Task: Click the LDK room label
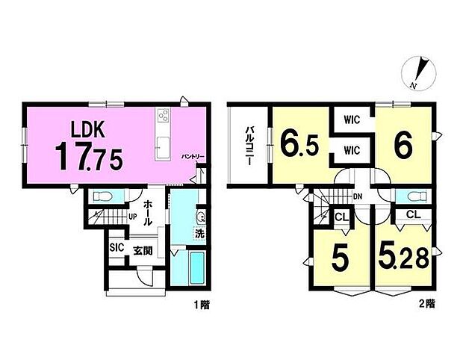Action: click(87, 129)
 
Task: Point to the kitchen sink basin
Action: click(163, 148)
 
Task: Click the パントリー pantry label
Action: click(193, 156)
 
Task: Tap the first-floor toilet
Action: click(102, 196)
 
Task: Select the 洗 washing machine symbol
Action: click(199, 234)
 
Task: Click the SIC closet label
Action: click(116, 247)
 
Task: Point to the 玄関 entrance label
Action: click(143, 251)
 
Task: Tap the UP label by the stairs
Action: click(133, 217)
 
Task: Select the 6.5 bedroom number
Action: click(299, 145)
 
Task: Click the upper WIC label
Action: click(352, 120)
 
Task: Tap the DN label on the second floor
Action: click(358, 196)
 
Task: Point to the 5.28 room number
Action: click(403, 259)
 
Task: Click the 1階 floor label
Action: click(202, 305)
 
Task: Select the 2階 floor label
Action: click(427, 304)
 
